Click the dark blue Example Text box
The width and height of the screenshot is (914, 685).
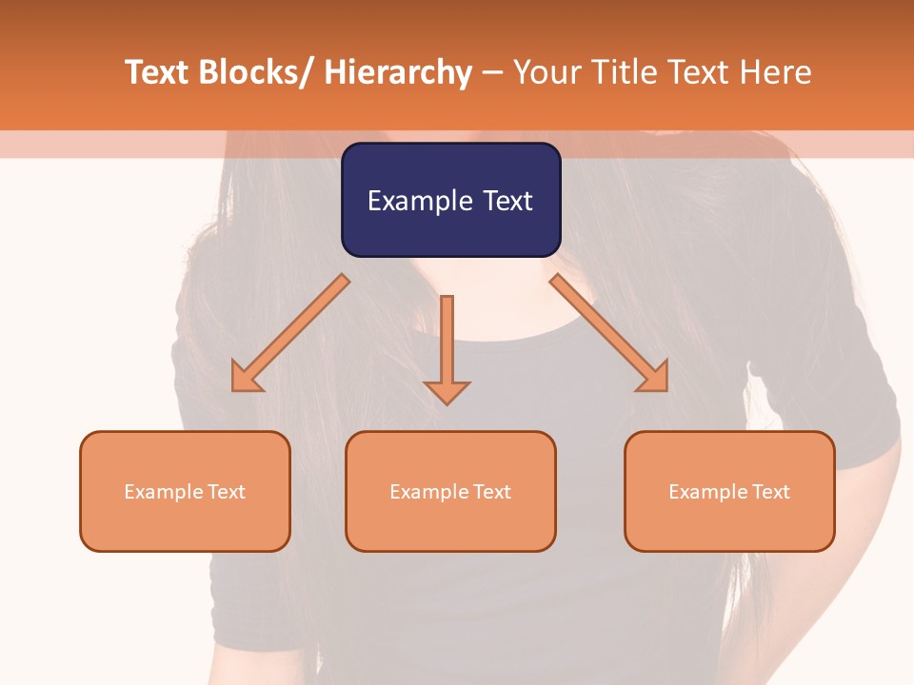450,200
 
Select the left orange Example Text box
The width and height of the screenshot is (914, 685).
185,491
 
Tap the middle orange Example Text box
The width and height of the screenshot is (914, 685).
450,491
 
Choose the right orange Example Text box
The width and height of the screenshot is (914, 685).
729,491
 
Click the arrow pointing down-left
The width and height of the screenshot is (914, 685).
290,333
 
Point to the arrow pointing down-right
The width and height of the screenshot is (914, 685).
609,333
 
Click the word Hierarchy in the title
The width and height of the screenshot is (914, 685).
398,73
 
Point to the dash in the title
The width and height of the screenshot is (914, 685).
492,73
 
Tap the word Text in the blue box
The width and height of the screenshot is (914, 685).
508,201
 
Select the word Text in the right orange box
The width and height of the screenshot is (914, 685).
769,492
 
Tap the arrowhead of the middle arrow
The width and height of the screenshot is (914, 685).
447,391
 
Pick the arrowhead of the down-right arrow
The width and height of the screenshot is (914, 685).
655,379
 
